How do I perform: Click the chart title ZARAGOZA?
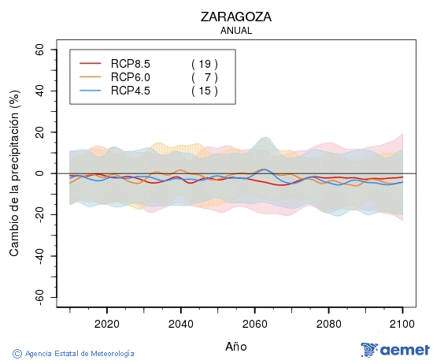237,17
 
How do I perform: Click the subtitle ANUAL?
236,31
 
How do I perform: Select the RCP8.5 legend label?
131,63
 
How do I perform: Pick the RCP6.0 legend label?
131,76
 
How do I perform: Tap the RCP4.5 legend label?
131,91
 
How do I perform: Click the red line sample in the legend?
91,63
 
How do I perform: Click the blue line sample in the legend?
91,91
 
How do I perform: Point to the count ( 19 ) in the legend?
204,63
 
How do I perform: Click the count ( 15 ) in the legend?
204,91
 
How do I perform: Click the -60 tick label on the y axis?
37,297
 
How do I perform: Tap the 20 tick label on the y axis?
39,132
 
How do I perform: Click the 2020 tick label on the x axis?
106,323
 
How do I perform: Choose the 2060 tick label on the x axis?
254,323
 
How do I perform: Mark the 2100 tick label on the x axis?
402,323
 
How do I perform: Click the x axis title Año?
236,346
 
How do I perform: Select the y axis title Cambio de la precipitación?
13,173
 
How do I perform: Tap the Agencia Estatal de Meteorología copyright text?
74,354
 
